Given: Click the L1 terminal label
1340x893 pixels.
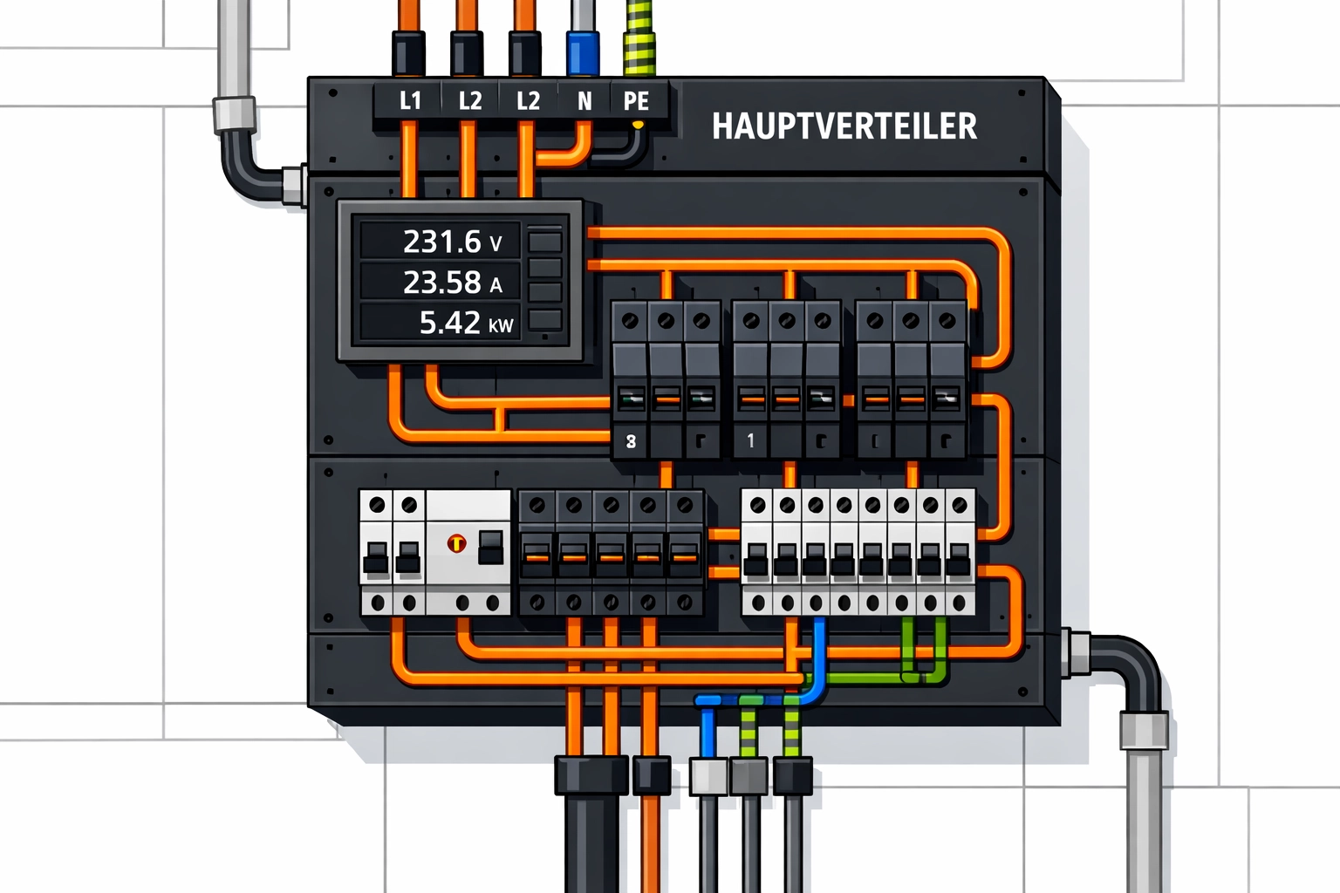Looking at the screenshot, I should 410,101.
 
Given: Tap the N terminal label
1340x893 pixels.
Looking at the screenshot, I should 585,102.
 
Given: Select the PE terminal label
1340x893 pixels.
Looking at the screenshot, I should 636,102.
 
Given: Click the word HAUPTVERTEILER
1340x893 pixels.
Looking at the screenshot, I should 844,126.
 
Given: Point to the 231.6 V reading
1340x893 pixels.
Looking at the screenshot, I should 452,242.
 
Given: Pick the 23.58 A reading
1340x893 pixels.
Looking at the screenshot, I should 452,283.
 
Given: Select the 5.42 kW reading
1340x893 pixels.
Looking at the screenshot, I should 465,324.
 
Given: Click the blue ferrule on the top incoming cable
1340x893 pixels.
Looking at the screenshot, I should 583,54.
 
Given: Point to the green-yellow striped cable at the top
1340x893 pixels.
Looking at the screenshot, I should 639,35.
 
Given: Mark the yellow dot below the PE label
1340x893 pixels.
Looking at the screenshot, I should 638,126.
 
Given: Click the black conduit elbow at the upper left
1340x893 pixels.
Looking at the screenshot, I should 245,166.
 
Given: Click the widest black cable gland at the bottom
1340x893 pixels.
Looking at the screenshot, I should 591,775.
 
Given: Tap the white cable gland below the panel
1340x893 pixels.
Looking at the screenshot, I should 708,776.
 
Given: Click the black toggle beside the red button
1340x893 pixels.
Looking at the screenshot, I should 491,547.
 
